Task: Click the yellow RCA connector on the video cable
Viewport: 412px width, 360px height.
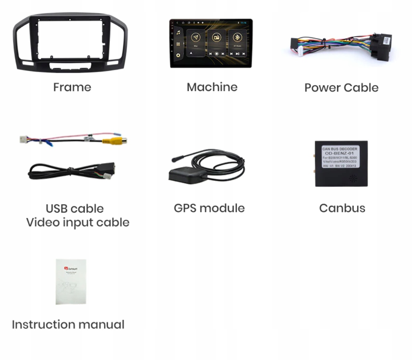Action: (x=114, y=140)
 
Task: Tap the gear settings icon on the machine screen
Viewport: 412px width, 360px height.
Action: (x=179, y=55)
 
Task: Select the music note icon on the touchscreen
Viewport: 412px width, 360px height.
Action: (x=179, y=33)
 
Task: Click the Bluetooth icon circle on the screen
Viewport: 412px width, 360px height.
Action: (x=237, y=38)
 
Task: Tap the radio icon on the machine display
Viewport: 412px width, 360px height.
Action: (x=217, y=38)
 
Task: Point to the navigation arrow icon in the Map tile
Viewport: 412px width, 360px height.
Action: (x=195, y=38)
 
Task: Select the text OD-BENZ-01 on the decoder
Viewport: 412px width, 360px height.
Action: (x=340, y=153)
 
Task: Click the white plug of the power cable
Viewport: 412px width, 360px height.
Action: (x=301, y=51)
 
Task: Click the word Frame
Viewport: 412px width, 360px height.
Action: (x=72, y=87)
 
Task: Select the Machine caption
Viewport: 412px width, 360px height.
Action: (x=212, y=87)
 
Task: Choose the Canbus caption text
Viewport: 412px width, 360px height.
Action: (x=342, y=208)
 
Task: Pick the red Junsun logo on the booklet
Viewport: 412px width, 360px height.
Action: (x=66, y=269)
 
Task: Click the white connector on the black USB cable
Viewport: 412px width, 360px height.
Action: (x=107, y=176)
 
